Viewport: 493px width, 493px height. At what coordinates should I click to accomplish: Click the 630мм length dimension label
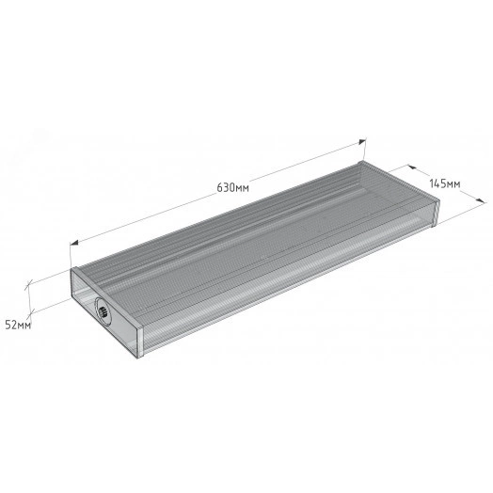click(x=233, y=187)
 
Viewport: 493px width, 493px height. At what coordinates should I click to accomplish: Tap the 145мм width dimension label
click(x=445, y=183)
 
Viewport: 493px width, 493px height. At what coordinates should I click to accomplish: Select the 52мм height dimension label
click(x=18, y=325)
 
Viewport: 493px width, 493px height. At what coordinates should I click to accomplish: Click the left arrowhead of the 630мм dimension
click(x=74, y=243)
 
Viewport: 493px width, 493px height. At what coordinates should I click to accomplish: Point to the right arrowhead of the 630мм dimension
click(x=362, y=141)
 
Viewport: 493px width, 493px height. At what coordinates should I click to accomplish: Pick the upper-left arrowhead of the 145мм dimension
click(x=412, y=167)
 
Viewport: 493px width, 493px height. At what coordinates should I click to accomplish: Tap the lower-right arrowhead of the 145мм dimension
click(x=482, y=200)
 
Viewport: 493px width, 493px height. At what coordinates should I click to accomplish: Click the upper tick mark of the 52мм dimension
click(x=29, y=284)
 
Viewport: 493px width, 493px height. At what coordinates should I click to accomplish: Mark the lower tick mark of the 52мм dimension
click(x=31, y=312)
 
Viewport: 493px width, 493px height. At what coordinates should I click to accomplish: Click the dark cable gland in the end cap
click(x=103, y=312)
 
